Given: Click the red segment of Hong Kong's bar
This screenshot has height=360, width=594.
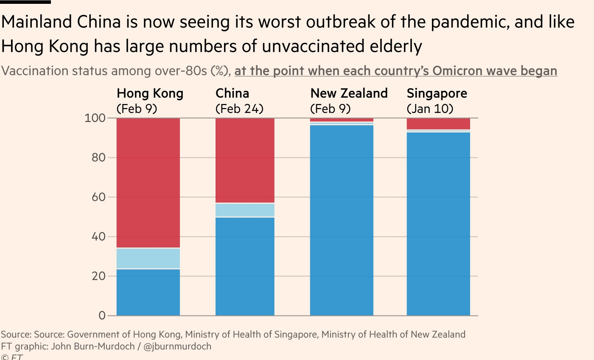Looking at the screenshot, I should (x=148, y=183).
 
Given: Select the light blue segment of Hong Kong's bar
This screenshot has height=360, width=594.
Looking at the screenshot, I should (x=148, y=258).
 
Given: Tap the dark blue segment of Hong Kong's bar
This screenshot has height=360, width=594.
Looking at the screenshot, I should (x=148, y=292).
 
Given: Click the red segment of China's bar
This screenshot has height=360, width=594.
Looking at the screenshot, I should (x=245, y=160).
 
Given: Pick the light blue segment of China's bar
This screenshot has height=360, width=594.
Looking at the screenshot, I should (x=245, y=210).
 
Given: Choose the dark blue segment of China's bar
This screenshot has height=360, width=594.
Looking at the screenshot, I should (x=245, y=267).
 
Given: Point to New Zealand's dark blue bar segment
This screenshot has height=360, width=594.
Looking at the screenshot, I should (x=342, y=221).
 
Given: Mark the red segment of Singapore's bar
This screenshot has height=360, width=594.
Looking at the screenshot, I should (x=438, y=124).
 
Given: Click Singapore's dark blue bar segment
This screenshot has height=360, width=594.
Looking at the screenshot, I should (x=438, y=224).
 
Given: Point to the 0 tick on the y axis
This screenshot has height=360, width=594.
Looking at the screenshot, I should (x=102, y=316).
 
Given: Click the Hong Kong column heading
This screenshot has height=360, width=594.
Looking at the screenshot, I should (x=150, y=93).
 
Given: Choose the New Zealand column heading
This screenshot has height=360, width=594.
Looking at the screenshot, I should (x=349, y=93).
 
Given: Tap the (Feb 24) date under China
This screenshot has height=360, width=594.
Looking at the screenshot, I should (x=239, y=109).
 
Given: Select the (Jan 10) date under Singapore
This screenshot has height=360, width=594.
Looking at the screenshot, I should (x=430, y=109).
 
